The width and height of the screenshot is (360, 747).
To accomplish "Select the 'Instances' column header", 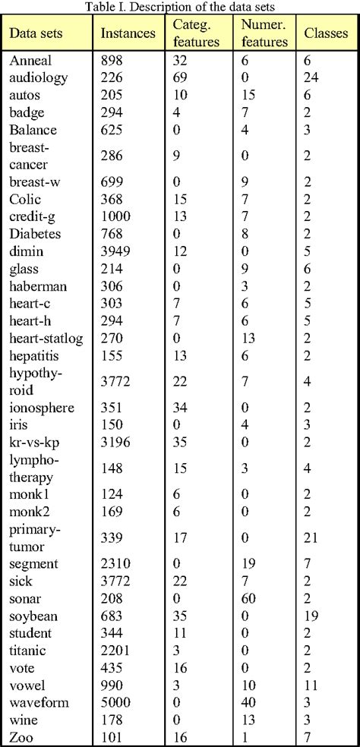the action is tap(127, 34).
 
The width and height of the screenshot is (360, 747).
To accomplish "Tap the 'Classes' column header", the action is tap(326, 34).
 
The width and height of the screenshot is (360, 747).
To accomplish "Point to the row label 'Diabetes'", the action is tap(36, 233).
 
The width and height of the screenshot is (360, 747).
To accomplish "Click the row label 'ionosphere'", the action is tap(42, 408).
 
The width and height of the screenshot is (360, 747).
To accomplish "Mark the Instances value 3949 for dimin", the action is tap(115, 251).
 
